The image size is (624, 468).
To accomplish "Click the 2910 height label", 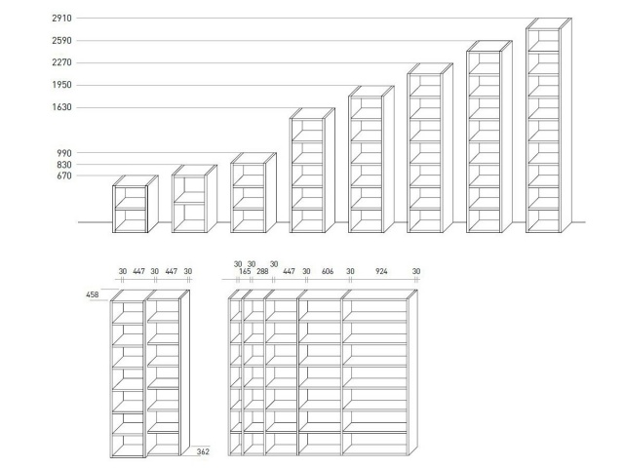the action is click(x=61, y=18).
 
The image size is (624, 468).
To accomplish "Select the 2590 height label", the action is click(x=61, y=40).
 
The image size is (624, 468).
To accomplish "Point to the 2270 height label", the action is click(x=61, y=62).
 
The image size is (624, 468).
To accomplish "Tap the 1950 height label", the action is click(x=61, y=85).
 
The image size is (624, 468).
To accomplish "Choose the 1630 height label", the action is click(x=61, y=106).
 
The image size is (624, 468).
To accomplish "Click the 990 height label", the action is click(x=64, y=153).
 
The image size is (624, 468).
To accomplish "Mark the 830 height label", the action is click(x=64, y=165).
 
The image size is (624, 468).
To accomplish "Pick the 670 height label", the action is click(x=64, y=175).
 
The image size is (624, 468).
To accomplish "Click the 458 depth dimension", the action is click(x=93, y=294).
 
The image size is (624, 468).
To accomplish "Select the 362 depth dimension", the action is click(x=203, y=451).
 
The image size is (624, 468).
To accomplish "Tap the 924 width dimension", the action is click(x=381, y=271).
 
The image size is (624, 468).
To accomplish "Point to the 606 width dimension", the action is click(x=328, y=271).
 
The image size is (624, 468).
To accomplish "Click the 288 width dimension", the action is click(x=262, y=271).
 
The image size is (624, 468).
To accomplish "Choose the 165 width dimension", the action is click(x=245, y=271).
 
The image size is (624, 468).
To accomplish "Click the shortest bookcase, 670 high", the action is click(x=136, y=204).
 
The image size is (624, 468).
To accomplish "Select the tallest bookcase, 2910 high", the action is click(x=549, y=125).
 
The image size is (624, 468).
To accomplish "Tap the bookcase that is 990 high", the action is click(x=253, y=193).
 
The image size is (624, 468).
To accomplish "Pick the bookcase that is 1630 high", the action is click(x=312, y=170).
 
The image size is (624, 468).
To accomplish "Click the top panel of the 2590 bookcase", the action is click(x=489, y=46).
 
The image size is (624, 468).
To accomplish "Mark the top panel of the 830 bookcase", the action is click(x=195, y=170).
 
